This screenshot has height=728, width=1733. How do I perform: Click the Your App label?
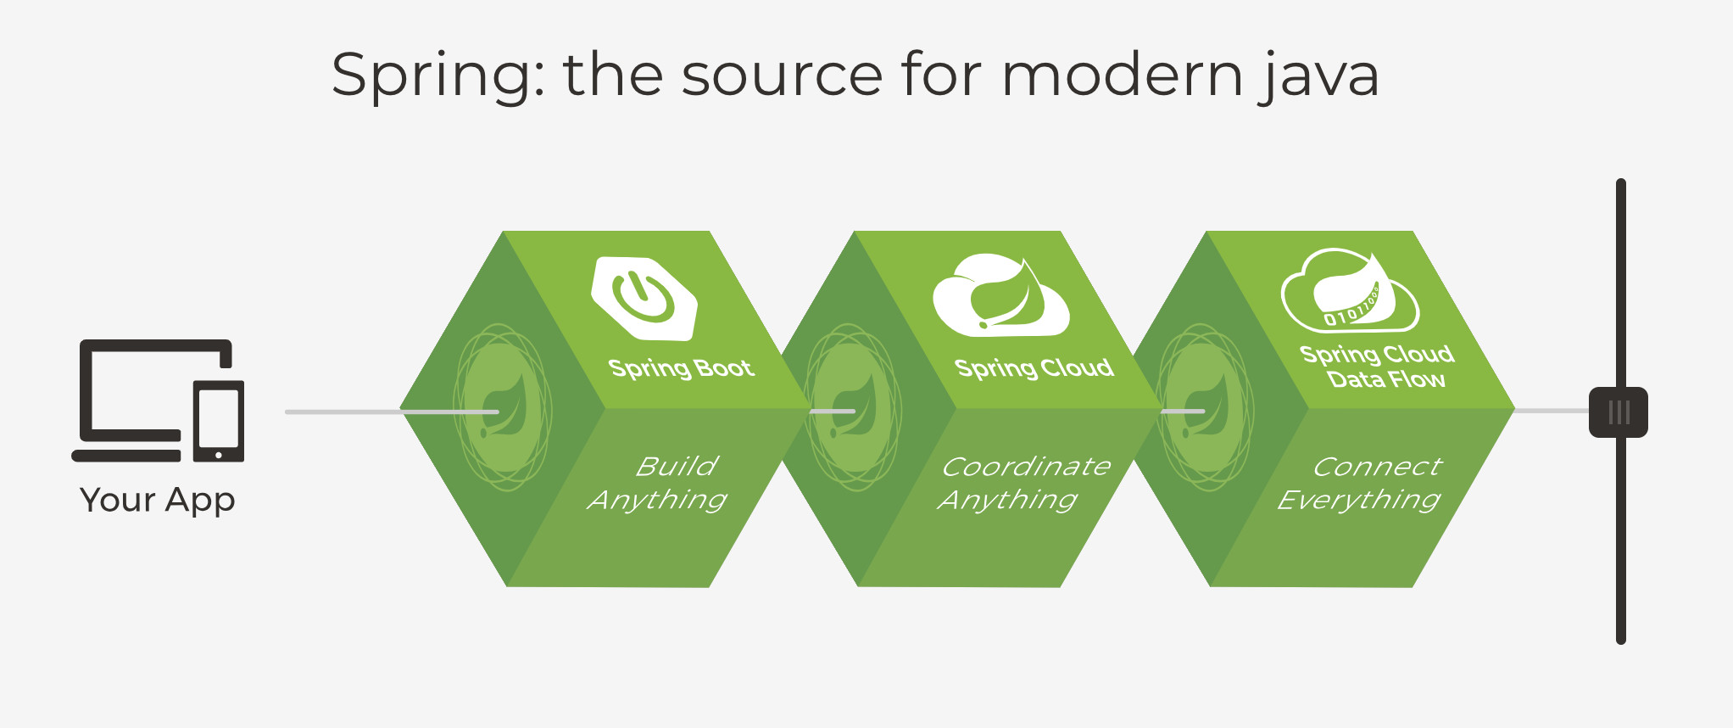[x=157, y=500]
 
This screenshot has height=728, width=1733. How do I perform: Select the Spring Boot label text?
[x=681, y=368]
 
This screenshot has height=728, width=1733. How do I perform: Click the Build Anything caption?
[x=659, y=483]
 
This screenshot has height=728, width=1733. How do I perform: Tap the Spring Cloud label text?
[x=1034, y=368]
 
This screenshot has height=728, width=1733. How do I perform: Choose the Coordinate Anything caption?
[x=1024, y=483]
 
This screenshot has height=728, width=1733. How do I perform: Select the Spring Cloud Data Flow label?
[x=1378, y=367]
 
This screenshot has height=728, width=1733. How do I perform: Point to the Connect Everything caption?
[x=1359, y=483]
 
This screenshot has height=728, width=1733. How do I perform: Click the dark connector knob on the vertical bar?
[x=1619, y=412]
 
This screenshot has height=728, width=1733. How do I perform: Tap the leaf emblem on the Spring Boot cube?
[x=504, y=407]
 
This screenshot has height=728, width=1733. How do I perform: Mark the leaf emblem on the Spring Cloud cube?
[x=853, y=407]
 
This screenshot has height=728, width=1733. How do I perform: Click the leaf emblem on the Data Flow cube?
[x=1205, y=407]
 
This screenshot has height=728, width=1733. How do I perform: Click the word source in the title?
[x=783, y=76]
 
